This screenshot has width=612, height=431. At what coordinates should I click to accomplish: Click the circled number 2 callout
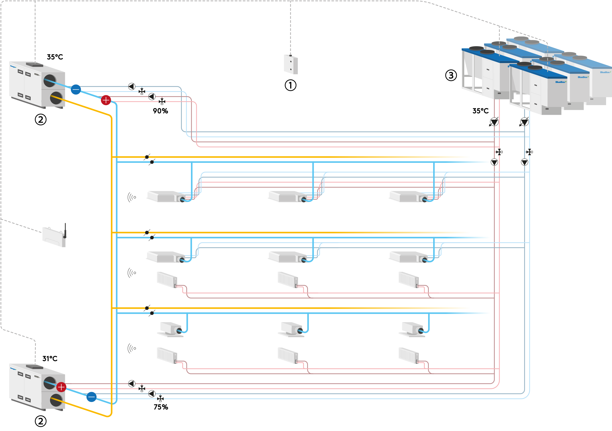[x=41, y=421]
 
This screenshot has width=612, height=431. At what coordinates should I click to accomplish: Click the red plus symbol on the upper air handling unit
[x=106, y=100]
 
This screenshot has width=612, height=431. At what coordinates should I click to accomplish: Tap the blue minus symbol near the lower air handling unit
[x=91, y=397]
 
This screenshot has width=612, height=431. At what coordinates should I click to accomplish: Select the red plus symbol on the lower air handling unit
[x=61, y=387]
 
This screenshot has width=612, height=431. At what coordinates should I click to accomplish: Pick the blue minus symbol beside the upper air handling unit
[x=76, y=89]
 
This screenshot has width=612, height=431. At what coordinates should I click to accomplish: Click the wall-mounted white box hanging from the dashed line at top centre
[x=291, y=65]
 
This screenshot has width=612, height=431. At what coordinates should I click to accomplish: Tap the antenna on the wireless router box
[x=65, y=230]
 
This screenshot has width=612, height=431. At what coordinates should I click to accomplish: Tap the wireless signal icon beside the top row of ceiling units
[x=132, y=197]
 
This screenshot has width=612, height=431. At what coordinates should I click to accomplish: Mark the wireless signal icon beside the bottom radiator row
[x=132, y=348]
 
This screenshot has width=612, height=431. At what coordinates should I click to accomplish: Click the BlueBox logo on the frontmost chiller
[x=561, y=82]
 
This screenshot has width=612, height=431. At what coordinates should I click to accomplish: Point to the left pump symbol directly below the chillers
[x=494, y=122]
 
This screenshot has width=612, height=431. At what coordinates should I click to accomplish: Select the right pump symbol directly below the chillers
[x=524, y=122]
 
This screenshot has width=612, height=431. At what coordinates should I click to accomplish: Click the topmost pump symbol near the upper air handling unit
[x=132, y=86]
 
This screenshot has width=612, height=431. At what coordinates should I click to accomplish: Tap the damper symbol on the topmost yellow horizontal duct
[x=147, y=157]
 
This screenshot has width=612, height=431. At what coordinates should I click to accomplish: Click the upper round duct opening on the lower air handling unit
[x=50, y=383]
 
